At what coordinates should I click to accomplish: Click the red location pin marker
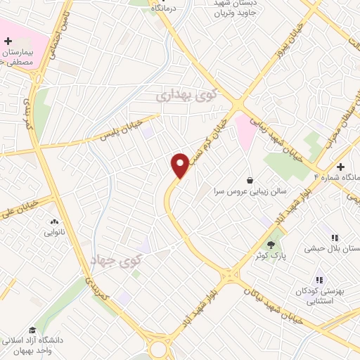[180, 166]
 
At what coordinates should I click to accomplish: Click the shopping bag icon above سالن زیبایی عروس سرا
[250, 180]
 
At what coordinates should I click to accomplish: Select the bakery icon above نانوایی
[54, 221]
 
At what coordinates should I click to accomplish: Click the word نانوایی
[54, 232]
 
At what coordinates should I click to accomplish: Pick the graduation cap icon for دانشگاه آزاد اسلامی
[32, 330]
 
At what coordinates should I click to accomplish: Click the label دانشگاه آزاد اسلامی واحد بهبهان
[32, 345]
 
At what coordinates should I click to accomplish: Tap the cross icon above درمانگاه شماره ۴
[341, 167]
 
